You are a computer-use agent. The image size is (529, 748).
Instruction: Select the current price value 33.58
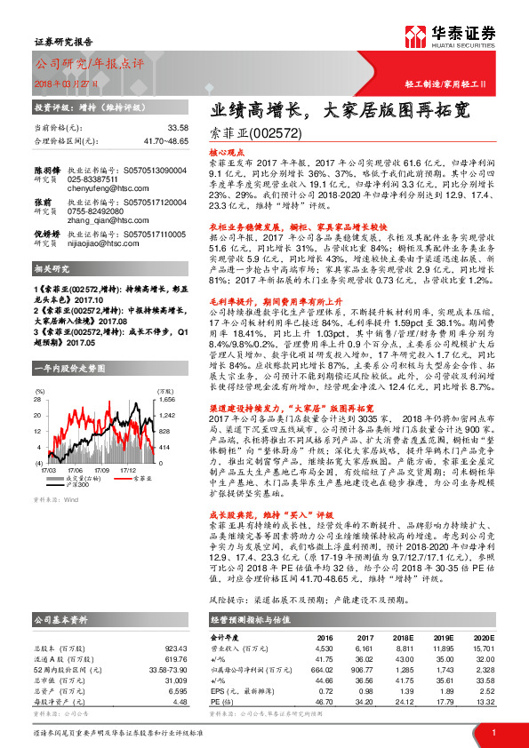click(x=178, y=128)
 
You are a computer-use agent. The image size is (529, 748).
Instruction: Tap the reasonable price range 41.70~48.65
click(x=166, y=140)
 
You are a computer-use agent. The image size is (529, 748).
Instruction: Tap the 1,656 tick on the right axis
click(x=168, y=401)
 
